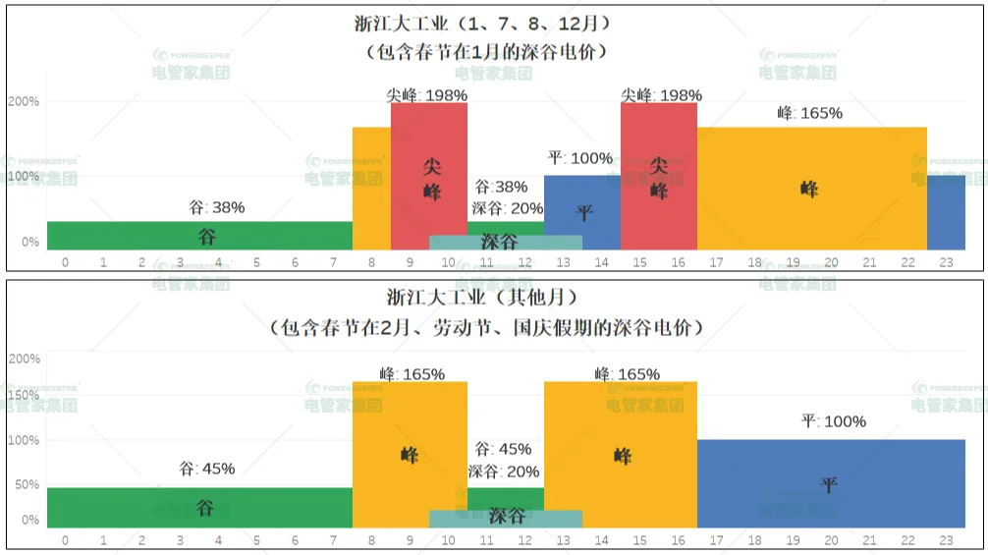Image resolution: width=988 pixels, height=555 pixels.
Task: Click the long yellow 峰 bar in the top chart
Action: tap(811, 189)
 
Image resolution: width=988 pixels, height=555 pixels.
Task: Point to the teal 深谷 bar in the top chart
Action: tap(505, 242)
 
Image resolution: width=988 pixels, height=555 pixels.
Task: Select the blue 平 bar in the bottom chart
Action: tap(831, 483)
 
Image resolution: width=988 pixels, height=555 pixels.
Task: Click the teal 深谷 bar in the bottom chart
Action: tap(505, 518)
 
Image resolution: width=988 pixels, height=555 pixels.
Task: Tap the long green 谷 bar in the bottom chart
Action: tap(199, 507)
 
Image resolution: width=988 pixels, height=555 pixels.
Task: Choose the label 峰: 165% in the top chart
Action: tap(809, 113)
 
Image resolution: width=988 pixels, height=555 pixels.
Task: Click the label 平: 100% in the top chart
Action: tap(579, 158)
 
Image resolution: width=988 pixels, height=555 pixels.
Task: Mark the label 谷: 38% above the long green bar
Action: tap(216, 207)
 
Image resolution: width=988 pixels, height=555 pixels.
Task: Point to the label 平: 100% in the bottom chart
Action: tap(833, 421)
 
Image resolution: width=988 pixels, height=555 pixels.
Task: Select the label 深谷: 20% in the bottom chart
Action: tap(504, 472)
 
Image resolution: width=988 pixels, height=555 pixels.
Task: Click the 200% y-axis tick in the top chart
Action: tap(24, 102)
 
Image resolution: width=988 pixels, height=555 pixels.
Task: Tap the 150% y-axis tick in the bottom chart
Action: tap(24, 396)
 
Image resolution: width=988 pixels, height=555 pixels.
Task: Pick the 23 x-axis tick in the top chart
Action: tap(946, 263)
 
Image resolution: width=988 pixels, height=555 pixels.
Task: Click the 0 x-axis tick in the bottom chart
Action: tap(65, 540)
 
